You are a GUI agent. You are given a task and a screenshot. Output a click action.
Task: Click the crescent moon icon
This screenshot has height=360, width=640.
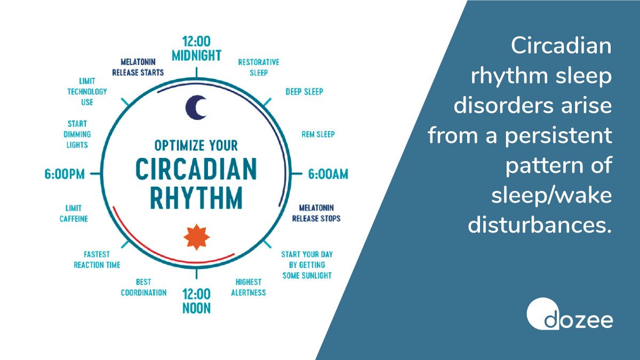click(x=196, y=108)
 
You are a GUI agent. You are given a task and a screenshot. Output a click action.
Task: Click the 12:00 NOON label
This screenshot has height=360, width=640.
click(x=196, y=301)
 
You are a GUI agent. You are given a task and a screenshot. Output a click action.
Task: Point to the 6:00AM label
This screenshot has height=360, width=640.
click(x=327, y=174)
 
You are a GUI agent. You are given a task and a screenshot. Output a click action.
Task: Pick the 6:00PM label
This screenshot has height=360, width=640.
click(x=64, y=174)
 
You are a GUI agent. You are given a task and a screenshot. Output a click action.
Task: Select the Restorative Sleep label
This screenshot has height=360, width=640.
click(x=258, y=67)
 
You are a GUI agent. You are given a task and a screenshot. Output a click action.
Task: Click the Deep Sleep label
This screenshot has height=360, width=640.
click(x=304, y=91)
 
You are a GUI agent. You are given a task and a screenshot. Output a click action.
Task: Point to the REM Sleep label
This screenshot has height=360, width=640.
click(x=318, y=134)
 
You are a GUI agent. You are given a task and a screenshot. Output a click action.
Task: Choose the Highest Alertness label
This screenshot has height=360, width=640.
click(x=248, y=287)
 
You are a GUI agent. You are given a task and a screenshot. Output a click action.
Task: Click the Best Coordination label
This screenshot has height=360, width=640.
click(x=143, y=287)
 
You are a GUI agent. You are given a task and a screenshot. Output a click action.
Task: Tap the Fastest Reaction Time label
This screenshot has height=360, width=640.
click(x=97, y=260)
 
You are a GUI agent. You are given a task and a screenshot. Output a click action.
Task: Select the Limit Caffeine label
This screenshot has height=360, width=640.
click(x=73, y=213)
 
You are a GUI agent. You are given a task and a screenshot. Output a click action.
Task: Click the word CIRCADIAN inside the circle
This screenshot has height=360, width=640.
click(x=196, y=170)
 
